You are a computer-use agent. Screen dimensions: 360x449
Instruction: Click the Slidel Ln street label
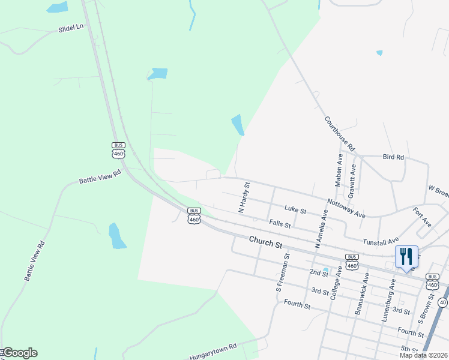point(71,28)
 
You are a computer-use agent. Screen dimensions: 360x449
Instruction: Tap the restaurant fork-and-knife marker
point(406,257)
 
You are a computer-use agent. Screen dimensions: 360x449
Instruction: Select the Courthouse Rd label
point(340,133)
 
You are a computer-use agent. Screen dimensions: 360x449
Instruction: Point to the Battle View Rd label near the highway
point(100,176)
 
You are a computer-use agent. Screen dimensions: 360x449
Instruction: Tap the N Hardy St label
point(244,197)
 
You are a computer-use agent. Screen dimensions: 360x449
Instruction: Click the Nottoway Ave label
point(346,208)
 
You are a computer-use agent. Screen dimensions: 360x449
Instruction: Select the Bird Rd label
point(393,157)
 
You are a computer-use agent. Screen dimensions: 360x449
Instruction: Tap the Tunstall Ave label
point(381,241)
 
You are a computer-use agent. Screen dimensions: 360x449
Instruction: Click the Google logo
point(19,353)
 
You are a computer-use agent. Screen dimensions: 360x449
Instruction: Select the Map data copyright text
point(424,355)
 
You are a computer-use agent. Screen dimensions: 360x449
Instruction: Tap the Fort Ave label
point(422,217)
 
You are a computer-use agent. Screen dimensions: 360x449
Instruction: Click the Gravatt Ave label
point(353,181)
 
